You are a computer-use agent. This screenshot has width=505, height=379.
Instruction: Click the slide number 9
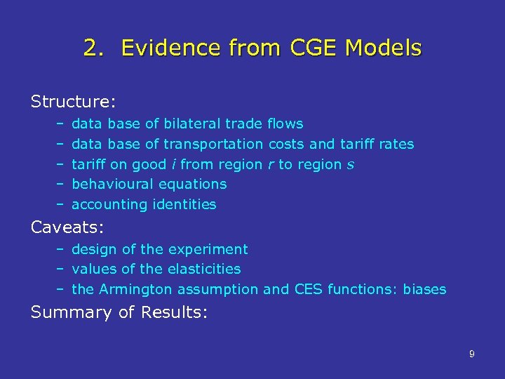[x=471, y=354]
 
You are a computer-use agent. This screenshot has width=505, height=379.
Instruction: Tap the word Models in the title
[x=388, y=48]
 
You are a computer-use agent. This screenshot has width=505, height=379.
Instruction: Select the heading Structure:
[x=73, y=102]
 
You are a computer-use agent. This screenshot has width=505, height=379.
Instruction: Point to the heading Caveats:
[x=68, y=227]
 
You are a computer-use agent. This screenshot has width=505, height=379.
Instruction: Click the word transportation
[x=213, y=144]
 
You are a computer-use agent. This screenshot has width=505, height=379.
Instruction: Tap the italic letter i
[x=173, y=164]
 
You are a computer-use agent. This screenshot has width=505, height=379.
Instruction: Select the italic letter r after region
[x=271, y=164]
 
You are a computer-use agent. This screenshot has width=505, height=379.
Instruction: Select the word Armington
[x=138, y=289]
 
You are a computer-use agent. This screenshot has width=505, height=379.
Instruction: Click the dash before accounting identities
[x=62, y=204]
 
